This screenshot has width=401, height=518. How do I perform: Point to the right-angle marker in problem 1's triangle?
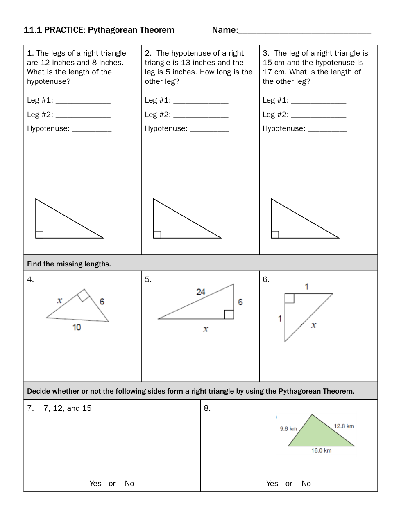[x=39, y=234]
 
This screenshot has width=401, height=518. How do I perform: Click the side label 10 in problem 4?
[x=77, y=327]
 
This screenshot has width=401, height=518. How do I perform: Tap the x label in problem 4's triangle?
[x=60, y=300]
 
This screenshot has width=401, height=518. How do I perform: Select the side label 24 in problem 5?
[x=201, y=292]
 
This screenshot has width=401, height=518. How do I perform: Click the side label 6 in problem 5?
[x=240, y=302]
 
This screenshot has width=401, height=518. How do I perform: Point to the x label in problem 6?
[x=314, y=325]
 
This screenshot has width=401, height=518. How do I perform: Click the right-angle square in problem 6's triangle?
[x=289, y=298]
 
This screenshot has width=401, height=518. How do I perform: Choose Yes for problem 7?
[x=95, y=484]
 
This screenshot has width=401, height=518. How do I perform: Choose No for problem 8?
[x=306, y=484]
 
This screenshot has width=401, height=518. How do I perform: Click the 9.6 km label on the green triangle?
[x=288, y=429]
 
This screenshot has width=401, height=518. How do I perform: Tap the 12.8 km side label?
[x=344, y=426]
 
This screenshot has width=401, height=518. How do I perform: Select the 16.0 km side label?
[x=322, y=450]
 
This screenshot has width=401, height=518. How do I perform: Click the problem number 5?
[x=148, y=279]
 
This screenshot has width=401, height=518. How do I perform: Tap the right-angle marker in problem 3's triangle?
[x=275, y=234]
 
